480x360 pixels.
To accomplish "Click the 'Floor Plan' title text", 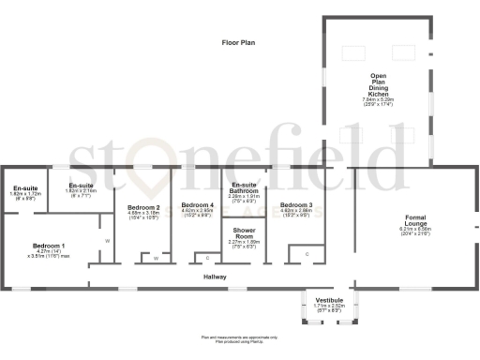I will pos(238,43).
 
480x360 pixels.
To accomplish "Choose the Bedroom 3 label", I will pos(296,204).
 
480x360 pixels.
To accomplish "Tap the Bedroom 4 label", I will pos(197,205).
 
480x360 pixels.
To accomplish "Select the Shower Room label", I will pos(245,232).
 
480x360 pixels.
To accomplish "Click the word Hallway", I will pos(216,277).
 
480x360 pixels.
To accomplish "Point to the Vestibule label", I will pos(328,299).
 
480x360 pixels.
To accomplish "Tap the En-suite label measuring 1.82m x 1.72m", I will pos(22,189).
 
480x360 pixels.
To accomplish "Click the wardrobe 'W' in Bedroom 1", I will pos(107,241).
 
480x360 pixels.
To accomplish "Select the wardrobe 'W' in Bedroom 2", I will pos(156,258).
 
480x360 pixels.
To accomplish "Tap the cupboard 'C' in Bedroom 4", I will pos(206,257).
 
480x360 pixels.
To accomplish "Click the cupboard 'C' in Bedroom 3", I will pos(307,253).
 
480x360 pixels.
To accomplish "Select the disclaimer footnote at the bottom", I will pos(239,338).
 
